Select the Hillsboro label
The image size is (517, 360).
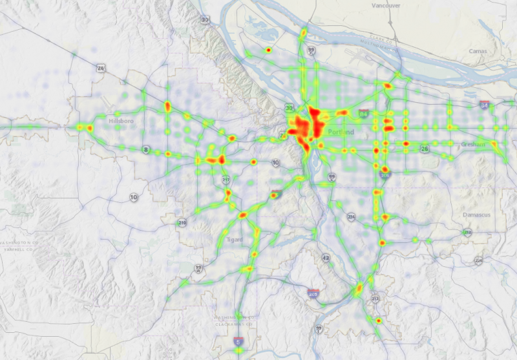[x=121, y=121]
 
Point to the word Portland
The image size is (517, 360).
[x=341, y=132]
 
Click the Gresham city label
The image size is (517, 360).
[x=474, y=145]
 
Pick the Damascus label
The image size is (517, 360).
[x=476, y=213]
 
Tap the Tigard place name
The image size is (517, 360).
[x=235, y=239]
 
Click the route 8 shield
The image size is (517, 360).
[x=147, y=149]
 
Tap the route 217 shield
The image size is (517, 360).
[x=226, y=179]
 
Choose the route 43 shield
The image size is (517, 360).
[x=325, y=258]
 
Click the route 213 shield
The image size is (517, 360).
[x=375, y=298]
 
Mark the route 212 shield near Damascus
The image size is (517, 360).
[x=467, y=231]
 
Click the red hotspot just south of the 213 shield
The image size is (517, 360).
[x=379, y=320]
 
